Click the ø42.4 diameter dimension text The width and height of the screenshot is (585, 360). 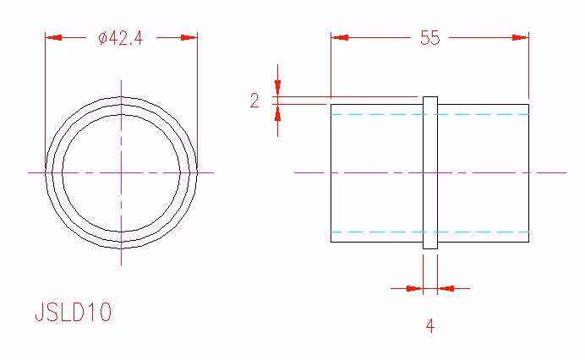click(121, 38)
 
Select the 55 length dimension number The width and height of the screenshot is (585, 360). click(430, 38)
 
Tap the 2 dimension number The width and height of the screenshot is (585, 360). click(254, 101)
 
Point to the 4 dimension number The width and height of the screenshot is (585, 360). click(430, 326)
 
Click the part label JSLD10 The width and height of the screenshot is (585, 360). click(73, 312)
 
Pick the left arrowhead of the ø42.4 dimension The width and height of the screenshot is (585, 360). click(53, 37)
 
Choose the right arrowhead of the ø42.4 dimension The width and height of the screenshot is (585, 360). click(189, 37)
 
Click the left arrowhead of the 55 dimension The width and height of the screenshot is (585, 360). click(340, 37)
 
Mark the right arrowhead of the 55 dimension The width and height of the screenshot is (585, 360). click(520, 37)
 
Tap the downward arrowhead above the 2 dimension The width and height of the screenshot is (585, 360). click(277, 88)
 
